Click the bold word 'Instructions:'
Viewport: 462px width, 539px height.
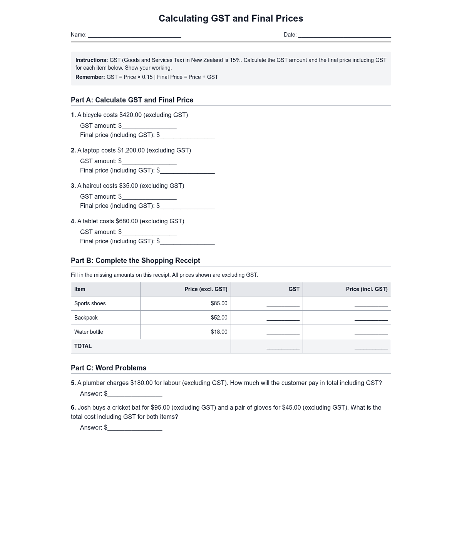tap(92, 60)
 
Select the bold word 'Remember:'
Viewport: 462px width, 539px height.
tap(90, 77)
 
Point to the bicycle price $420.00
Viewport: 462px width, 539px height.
tap(131, 115)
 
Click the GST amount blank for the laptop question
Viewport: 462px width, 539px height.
tap(149, 161)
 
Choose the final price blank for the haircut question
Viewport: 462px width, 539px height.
tap(187, 206)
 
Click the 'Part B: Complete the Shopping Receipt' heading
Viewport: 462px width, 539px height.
tap(136, 261)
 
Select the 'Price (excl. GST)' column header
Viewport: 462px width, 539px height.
tap(206, 289)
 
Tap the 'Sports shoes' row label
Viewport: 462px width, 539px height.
tap(90, 303)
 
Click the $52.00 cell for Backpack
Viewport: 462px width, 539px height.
tap(219, 318)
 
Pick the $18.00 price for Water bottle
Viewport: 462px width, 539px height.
tap(219, 332)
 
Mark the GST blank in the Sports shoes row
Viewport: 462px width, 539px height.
tap(283, 304)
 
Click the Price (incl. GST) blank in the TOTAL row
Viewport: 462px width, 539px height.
tap(371, 346)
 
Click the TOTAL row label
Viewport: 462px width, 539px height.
tap(83, 346)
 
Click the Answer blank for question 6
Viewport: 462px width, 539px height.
tap(135, 428)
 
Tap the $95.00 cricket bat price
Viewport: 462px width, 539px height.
tap(160, 408)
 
